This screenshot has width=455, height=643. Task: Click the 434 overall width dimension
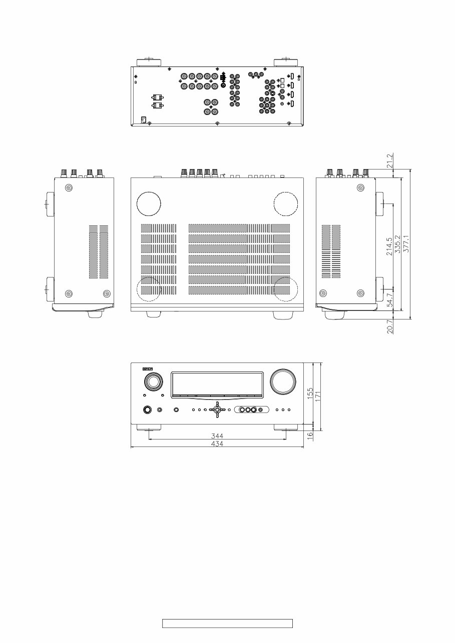click(217, 443)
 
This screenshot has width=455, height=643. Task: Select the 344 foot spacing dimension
click(217, 436)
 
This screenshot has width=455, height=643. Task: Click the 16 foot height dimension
click(310, 435)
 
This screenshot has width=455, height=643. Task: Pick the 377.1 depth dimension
click(406, 243)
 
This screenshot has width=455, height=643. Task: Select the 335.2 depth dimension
click(398, 244)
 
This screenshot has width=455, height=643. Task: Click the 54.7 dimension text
click(389, 299)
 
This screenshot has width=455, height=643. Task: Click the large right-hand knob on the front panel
click(283, 381)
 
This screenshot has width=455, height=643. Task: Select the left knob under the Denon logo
click(154, 382)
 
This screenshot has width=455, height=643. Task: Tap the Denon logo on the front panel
click(148, 368)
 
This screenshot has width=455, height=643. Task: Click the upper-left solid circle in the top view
click(149, 204)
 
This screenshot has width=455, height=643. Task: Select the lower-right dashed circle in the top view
click(286, 289)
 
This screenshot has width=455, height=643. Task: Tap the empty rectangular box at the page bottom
click(227, 623)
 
